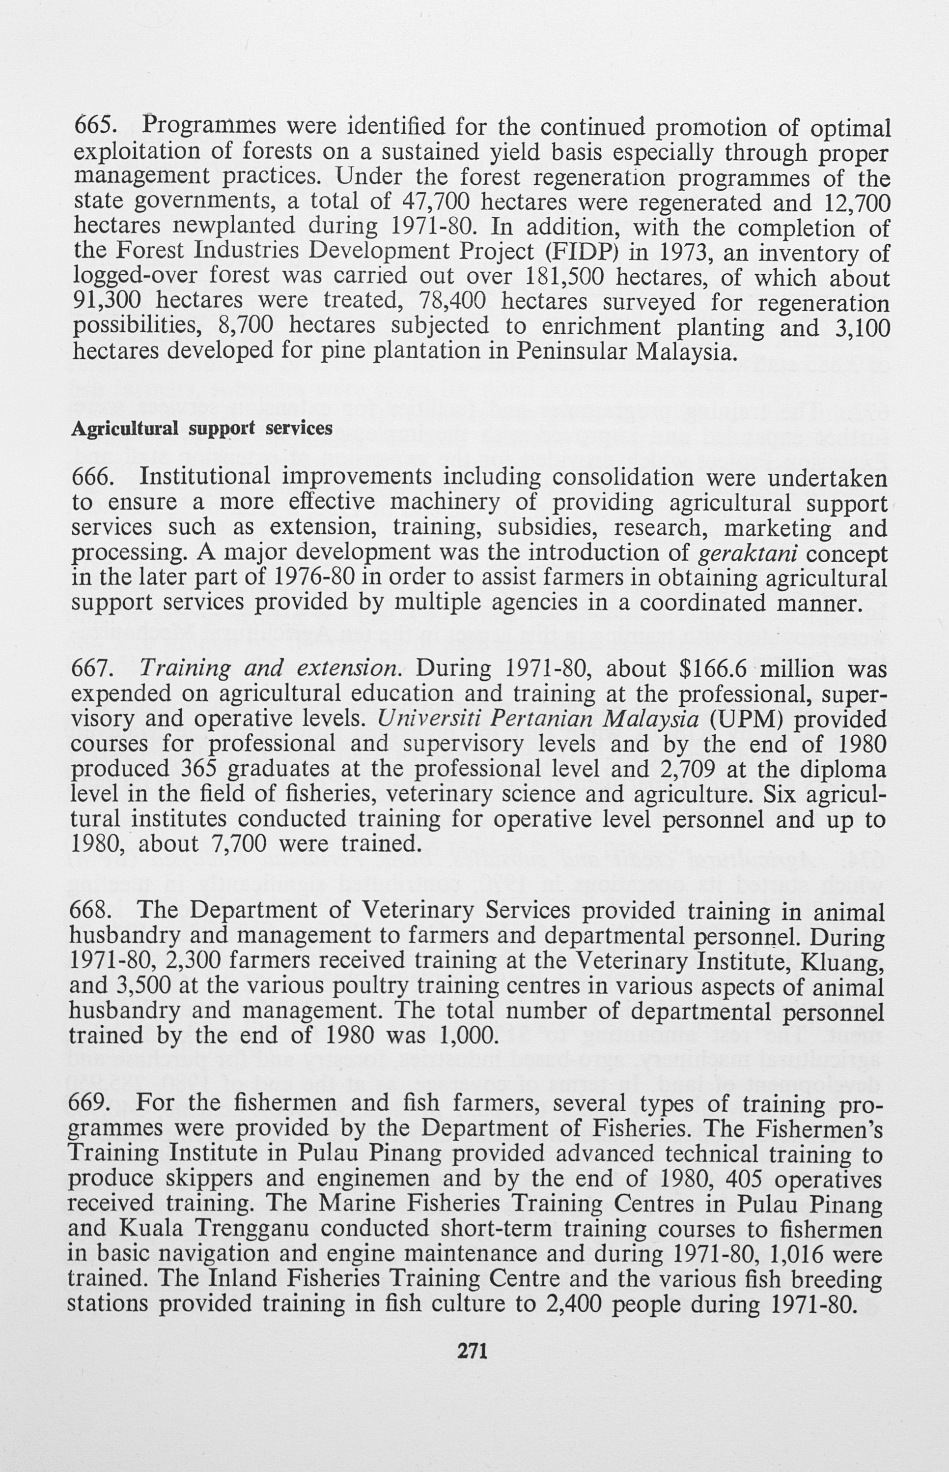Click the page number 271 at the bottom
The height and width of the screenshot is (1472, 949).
(473, 1351)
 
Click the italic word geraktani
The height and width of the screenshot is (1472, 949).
(748, 553)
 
